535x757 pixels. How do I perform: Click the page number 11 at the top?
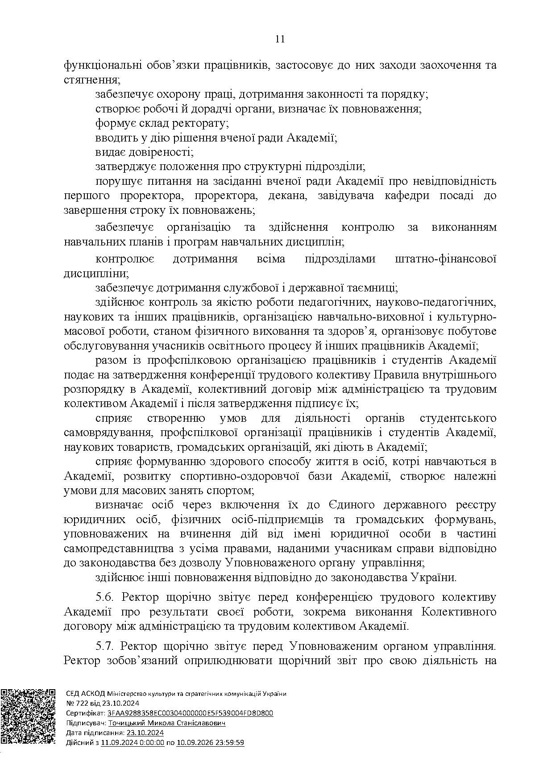click(x=280, y=39)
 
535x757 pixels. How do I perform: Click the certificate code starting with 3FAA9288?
click(x=190, y=713)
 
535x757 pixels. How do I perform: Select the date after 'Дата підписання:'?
click(x=145, y=733)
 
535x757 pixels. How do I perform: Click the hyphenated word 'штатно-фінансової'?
click(x=446, y=259)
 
